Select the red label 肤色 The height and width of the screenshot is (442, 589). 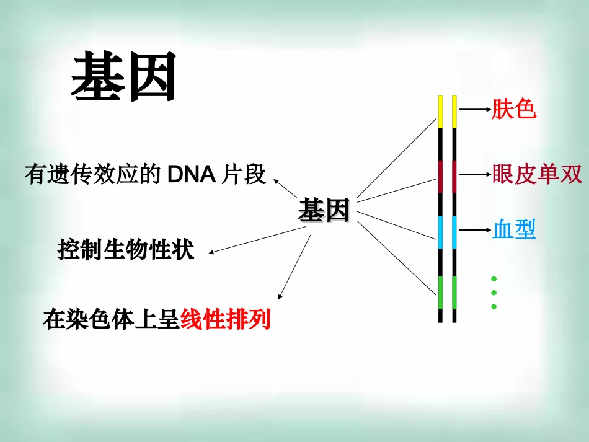point(513,110)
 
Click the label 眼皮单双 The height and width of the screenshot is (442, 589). point(537,175)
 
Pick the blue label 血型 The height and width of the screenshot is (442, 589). point(514,230)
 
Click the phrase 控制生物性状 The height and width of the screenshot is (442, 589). point(126,250)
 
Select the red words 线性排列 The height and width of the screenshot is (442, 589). point(226,320)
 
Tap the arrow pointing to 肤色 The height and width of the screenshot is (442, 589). point(474,110)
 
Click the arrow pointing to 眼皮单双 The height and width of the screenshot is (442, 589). point(474,175)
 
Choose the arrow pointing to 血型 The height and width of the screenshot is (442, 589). point(474,231)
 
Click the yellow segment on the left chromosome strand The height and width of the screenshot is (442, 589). point(440,112)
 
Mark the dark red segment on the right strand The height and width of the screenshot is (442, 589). point(454,177)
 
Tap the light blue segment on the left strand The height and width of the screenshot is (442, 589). point(440,232)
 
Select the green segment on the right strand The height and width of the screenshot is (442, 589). point(454,293)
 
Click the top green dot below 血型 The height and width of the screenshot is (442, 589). point(494,278)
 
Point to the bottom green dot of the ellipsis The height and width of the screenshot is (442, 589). point(494,307)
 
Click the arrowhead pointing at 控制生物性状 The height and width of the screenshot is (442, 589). point(213,252)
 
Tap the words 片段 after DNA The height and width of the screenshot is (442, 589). point(243,175)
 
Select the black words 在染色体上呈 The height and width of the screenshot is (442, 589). point(112,320)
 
